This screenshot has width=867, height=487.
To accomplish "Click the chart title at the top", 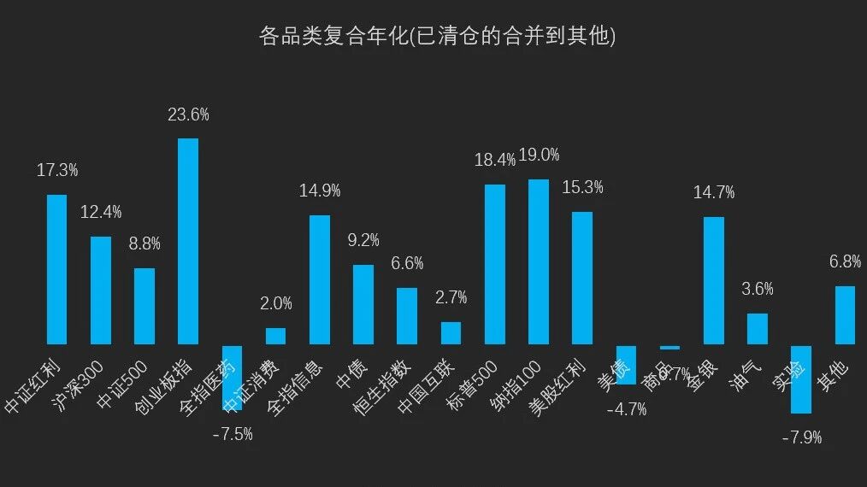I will click(437, 37).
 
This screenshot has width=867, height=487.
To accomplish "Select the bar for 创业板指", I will click(188, 241).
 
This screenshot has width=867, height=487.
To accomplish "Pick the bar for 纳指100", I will click(539, 261).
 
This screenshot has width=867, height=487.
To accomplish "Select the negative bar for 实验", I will click(801, 378).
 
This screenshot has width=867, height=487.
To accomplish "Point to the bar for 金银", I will click(714, 280).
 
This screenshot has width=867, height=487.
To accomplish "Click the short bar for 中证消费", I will click(275, 336).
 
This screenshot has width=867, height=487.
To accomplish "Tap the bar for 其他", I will click(845, 314).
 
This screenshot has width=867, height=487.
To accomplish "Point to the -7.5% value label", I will click(232, 434).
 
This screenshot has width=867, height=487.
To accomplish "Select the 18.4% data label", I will click(495, 160).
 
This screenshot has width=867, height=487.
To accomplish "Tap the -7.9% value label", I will click(801, 437).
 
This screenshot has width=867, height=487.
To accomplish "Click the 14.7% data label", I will click(714, 192).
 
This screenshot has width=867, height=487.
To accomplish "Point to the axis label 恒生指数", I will click(382, 386).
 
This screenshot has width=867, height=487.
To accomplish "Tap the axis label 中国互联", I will click(426, 386).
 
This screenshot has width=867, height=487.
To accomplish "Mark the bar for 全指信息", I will click(320, 279).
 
